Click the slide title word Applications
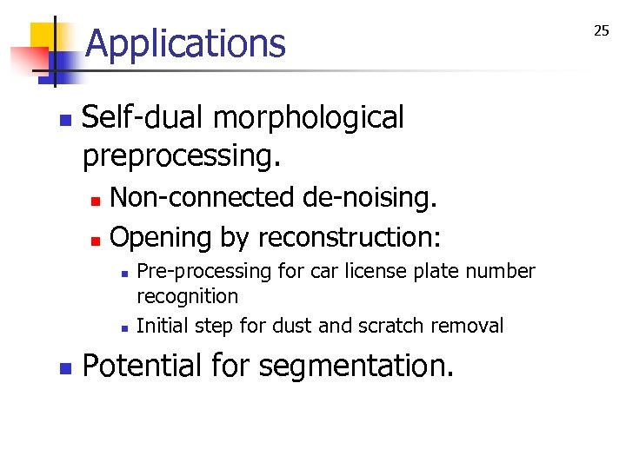click(x=186, y=43)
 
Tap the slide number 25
click(x=602, y=31)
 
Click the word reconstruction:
click(x=351, y=236)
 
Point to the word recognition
click(x=187, y=296)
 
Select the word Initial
click(x=163, y=326)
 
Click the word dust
click(x=292, y=326)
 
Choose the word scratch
click(x=384, y=326)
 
